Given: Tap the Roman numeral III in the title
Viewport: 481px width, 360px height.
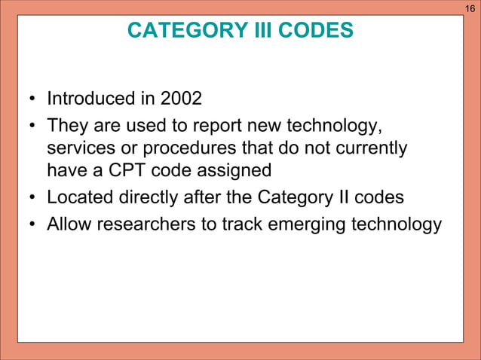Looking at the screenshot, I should point(256,30).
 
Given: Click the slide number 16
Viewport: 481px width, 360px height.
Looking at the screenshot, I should point(470,8).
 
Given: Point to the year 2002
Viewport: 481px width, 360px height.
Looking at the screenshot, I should point(181,99).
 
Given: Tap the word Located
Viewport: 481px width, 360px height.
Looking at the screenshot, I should point(78,198).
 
